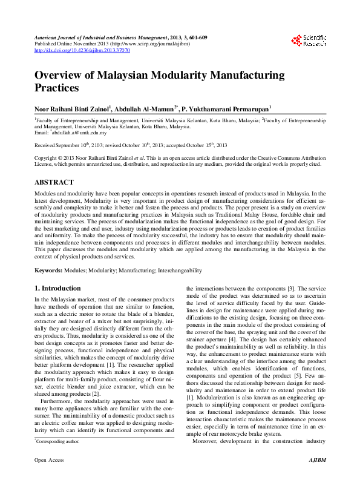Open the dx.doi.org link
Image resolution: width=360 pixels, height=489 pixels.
(x=82, y=50)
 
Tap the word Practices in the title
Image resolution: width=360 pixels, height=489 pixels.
(x=57, y=88)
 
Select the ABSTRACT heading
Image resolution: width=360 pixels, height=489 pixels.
(x=54, y=182)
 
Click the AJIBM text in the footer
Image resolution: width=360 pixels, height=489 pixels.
(x=318, y=478)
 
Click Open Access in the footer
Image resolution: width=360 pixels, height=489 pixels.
(x=49, y=478)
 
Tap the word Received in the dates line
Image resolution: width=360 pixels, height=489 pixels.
(x=45, y=146)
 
